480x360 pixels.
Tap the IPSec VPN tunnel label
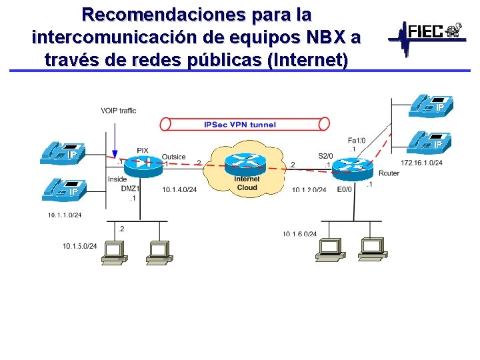coord(240,124)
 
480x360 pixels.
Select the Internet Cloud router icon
coord(245,163)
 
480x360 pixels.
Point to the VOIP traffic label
coord(119,111)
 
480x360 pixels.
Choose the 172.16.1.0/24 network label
coord(421,163)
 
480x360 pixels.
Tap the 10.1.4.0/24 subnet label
coord(179,190)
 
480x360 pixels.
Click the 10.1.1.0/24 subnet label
coord(65,215)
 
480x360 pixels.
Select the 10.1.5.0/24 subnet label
coord(80,247)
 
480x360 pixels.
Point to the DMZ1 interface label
coord(130,189)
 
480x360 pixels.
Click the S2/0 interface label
coord(325,156)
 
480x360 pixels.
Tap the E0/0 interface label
coord(345,189)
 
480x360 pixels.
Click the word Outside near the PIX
coord(173,157)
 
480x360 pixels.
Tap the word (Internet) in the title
coord(307,59)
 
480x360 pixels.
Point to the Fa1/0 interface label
coord(357,140)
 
